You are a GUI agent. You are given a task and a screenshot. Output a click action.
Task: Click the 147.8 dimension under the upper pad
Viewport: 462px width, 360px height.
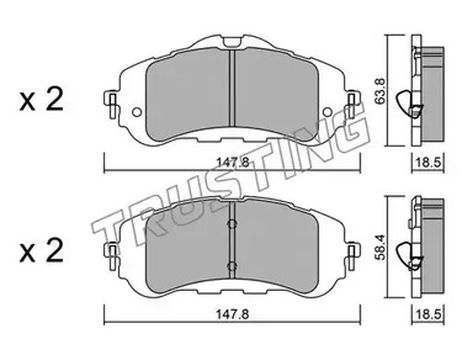pyautogui.click(x=233, y=163)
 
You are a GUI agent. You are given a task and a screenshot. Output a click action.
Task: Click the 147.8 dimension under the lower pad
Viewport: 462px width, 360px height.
pyautogui.click(x=232, y=314)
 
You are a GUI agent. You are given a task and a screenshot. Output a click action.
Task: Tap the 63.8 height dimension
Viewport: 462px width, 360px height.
pyautogui.click(x=381, y=91)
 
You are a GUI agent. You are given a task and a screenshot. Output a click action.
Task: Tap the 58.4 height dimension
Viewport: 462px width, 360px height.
pyautogui.click(x=381, y=247)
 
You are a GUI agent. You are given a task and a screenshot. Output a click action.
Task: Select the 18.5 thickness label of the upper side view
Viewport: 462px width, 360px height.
pyautogui.click(x=428, y=163)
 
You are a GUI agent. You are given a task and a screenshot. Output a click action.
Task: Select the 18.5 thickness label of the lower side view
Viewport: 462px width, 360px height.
pyautogui.click(x=428, y=314)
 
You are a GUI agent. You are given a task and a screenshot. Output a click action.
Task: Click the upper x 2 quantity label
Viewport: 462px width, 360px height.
pyautogui.click(x=41, y=99)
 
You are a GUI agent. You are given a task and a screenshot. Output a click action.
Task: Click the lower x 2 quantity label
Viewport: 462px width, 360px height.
pyautogui.click(x=41, y=251)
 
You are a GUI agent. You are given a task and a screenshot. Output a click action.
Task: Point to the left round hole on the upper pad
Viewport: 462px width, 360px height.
pyautogui.click(x=137, y=112)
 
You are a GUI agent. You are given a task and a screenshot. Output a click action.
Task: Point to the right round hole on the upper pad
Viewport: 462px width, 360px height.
pyautogui.click(x=327, y=112)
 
